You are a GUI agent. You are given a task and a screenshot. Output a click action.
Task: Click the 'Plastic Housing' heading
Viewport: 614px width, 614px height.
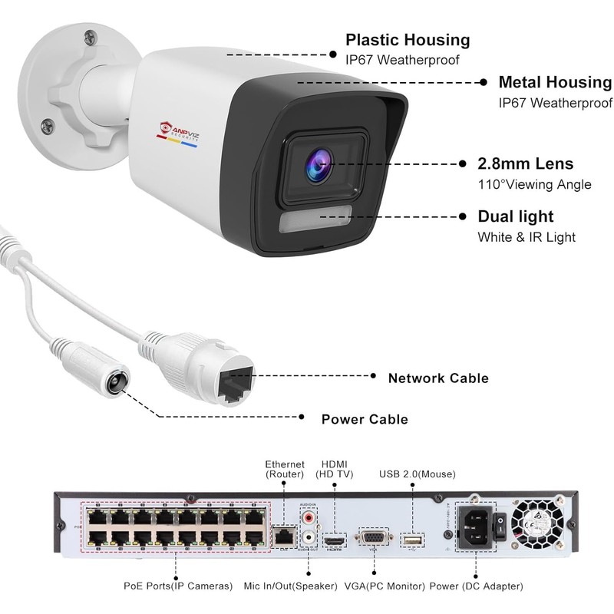click(408, 40)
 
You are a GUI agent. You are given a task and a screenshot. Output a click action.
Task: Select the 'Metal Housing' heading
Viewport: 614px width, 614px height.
click(555, 82)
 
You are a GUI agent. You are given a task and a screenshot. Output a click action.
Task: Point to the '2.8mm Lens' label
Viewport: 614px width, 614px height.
click(526, 163)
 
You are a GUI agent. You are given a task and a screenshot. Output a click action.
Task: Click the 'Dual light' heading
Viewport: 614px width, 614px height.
click(516, 217)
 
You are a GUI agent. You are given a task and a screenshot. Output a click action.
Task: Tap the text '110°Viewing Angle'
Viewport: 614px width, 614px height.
click(534, 184)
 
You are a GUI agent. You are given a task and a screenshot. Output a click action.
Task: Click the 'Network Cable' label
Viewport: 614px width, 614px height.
click(438, 378)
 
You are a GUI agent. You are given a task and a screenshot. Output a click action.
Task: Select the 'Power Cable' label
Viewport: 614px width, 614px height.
click(364, 419)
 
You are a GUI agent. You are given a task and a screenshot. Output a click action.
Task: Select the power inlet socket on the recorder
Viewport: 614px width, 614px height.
click(474, 527)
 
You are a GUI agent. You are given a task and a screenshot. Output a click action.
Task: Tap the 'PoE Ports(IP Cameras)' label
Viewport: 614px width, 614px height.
click(178, 586)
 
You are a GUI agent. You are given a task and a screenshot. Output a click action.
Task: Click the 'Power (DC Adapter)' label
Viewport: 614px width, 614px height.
click(477, 586)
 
